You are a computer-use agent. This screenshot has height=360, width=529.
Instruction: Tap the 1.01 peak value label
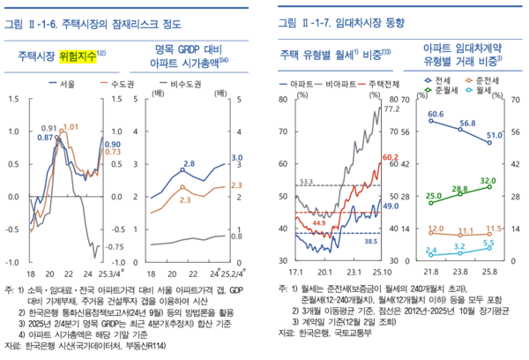71,127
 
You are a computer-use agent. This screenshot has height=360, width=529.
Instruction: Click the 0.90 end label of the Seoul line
113,144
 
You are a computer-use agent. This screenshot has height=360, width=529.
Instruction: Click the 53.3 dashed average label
307,182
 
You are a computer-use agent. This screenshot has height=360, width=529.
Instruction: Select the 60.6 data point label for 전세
435,114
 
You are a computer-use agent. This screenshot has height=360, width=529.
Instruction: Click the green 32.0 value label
489,179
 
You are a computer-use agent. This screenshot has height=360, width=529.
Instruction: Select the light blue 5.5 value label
489,243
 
